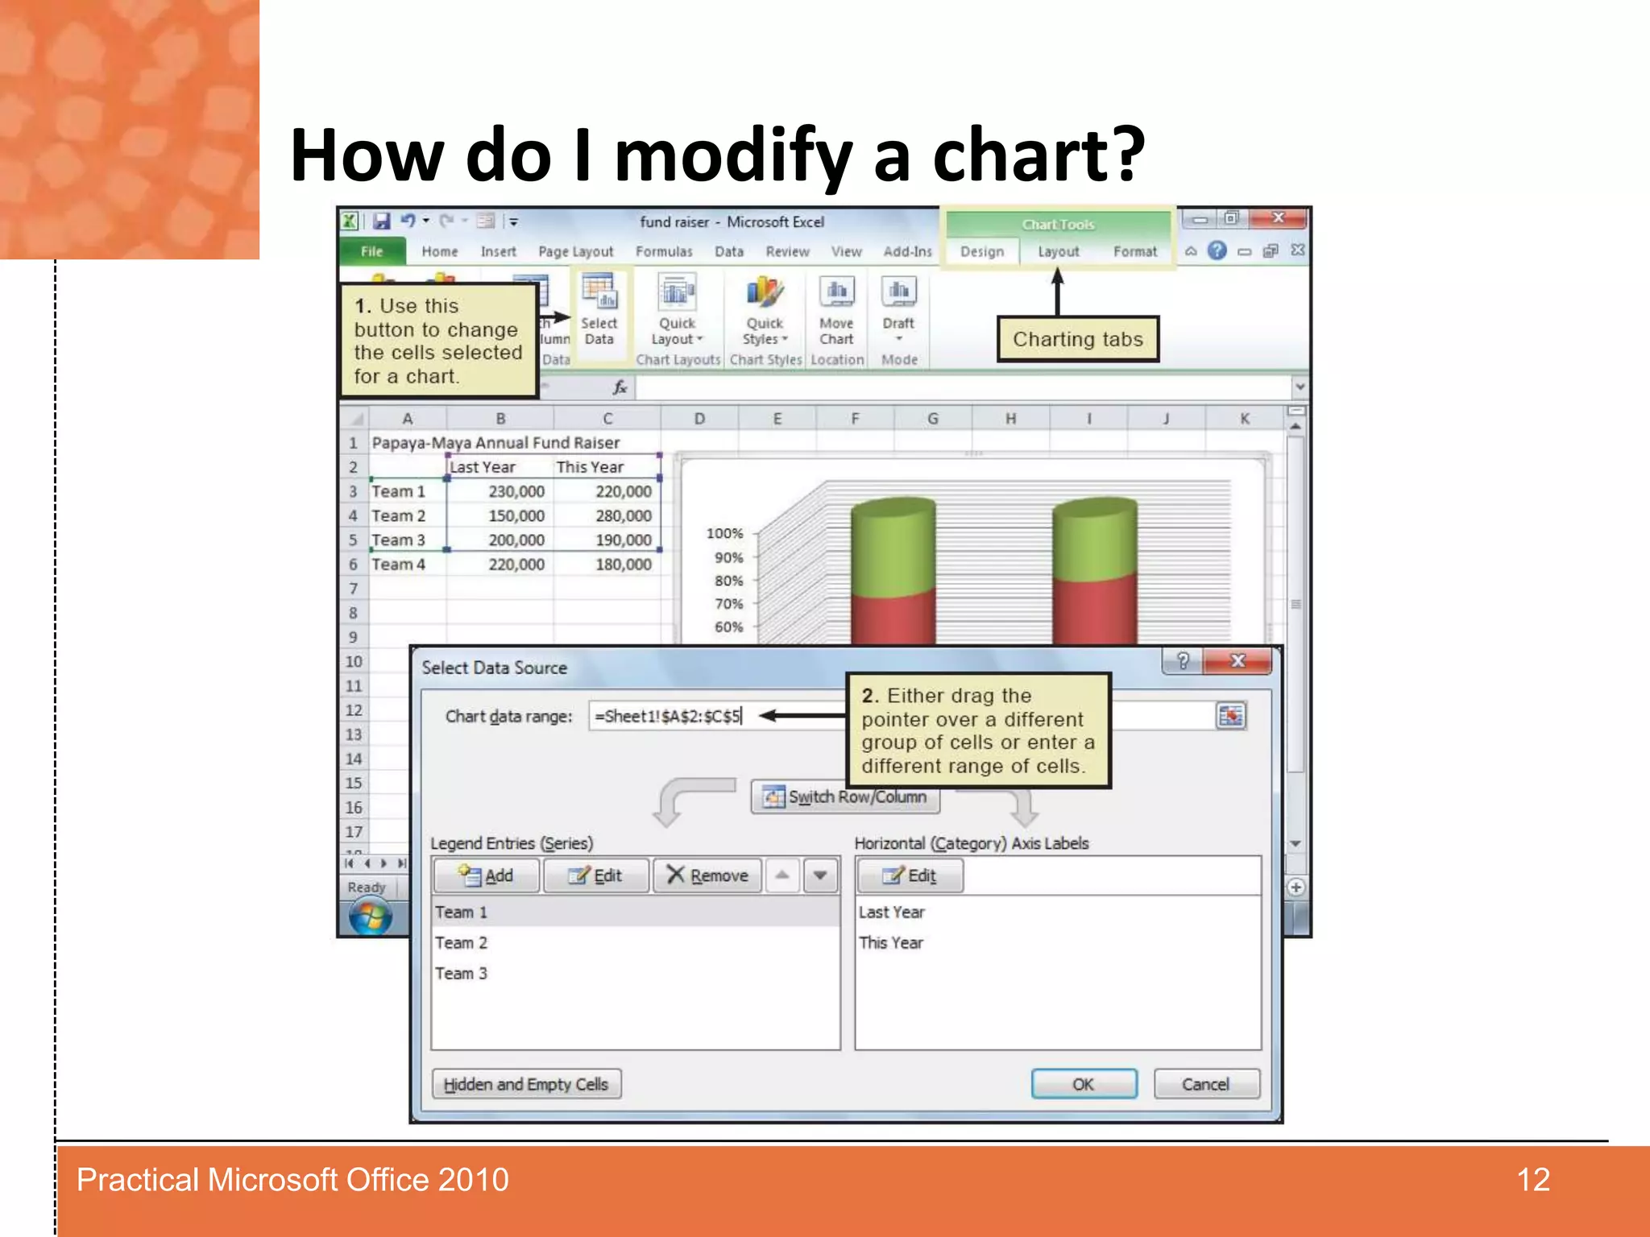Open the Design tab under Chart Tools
tap(982, 252)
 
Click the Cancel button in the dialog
tap(1205, 1084)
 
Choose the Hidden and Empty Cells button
tap(526, 1084)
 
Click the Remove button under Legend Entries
tap(707, 875)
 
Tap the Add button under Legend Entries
tap(486, 875)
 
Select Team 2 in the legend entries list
tap(462, 943)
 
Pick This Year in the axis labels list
tap(891, 943)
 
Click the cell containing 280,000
tap(623, 516)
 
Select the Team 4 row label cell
tap(399, 565)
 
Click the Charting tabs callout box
tap(1077, 339)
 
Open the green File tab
tap(371, 251)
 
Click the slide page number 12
tap(1533, 1180)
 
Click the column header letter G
tap(932, 419)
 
